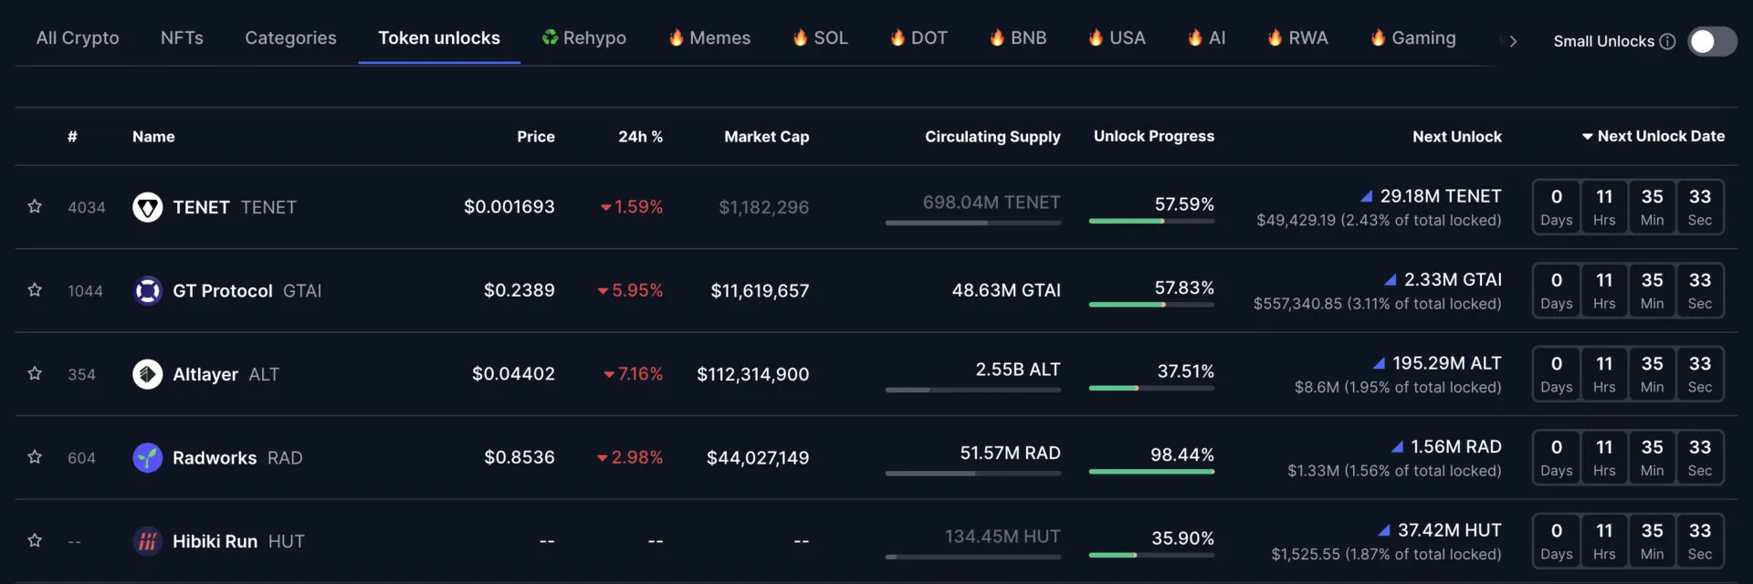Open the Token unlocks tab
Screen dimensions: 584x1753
439,38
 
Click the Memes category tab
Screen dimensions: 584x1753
709,38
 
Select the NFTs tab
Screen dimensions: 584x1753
182,38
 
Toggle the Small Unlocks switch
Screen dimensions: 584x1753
1711,41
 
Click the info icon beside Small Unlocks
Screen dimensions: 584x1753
1667,41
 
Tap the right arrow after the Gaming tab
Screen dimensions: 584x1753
1513,41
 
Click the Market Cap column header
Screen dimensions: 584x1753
766,137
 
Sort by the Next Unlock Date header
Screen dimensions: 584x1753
1653,136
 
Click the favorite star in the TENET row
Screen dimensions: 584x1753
35,207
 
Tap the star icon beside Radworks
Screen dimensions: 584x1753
35,457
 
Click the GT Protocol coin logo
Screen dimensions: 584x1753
147,291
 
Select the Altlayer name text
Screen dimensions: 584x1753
205,374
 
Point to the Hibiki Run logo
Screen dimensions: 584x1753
147,541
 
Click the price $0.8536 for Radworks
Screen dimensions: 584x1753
519,457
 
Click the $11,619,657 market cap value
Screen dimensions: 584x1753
760,291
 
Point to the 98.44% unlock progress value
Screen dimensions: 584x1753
1181,454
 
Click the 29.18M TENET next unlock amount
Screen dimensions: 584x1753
1440,196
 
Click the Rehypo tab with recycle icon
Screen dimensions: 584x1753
584,38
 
